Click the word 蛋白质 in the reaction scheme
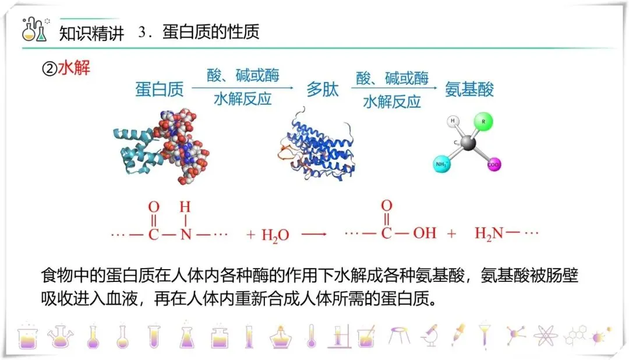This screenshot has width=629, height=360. (x=160, y=89)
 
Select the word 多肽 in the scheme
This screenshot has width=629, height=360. (x=323, y=89)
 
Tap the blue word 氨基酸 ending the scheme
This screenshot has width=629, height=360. (x=469, y=89)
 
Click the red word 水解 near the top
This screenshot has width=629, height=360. (x=74, y=68)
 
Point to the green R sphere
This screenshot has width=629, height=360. (x=482, y=123)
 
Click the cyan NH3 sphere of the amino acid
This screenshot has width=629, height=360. (x=443, y=164)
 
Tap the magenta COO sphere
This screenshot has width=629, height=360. (x=494, y=165)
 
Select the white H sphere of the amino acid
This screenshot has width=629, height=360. (x=453, y=122)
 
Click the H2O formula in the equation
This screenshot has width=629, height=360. (x=275, y=235)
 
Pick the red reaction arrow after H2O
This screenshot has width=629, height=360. (x=314, y=234)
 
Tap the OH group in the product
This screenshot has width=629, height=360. (x=424, y=234)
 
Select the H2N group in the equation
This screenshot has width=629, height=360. (x=489, y=234)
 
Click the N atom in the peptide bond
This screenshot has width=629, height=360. (x=185, y=234)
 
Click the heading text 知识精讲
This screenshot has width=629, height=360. (x=92, y=33)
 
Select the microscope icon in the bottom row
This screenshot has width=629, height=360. (x=429, y=334)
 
